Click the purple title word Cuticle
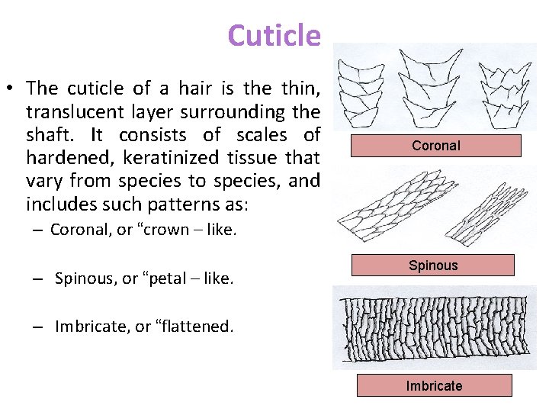[x=274, y=36]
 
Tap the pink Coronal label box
[x=435, y=146]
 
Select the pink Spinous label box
[x=432, y=266]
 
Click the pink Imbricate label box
[x=434, y=386]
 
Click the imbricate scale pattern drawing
[x=435, y=328]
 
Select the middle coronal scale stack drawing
[x=432, y=88]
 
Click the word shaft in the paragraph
[x=49, y=136]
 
